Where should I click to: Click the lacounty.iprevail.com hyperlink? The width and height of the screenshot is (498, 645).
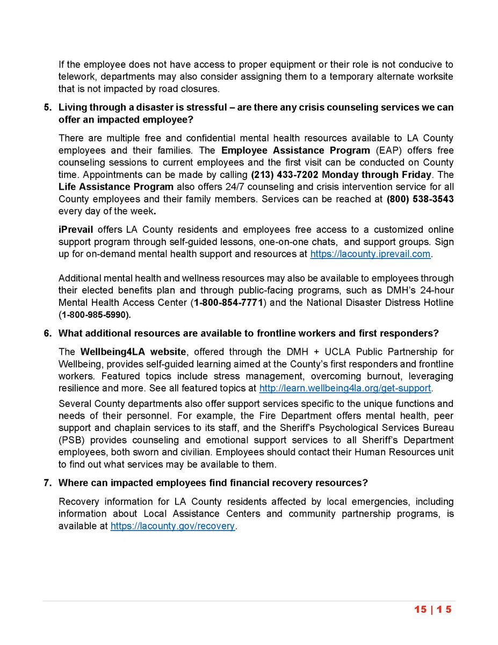(x=371, y=254)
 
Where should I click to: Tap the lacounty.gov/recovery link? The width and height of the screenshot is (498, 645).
(x=173, y=526)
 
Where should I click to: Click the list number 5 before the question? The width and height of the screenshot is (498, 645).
(x=47, y=107)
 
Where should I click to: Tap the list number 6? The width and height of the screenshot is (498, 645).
(x=47, y=333)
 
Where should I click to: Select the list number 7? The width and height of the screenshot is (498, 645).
(x=47, y=482)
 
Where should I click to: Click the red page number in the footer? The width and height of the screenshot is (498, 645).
(x=433, y=610)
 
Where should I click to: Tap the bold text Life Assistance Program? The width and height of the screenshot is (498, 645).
(x=116, y=187)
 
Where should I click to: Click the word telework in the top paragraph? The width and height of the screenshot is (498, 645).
(x=76, y=77)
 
